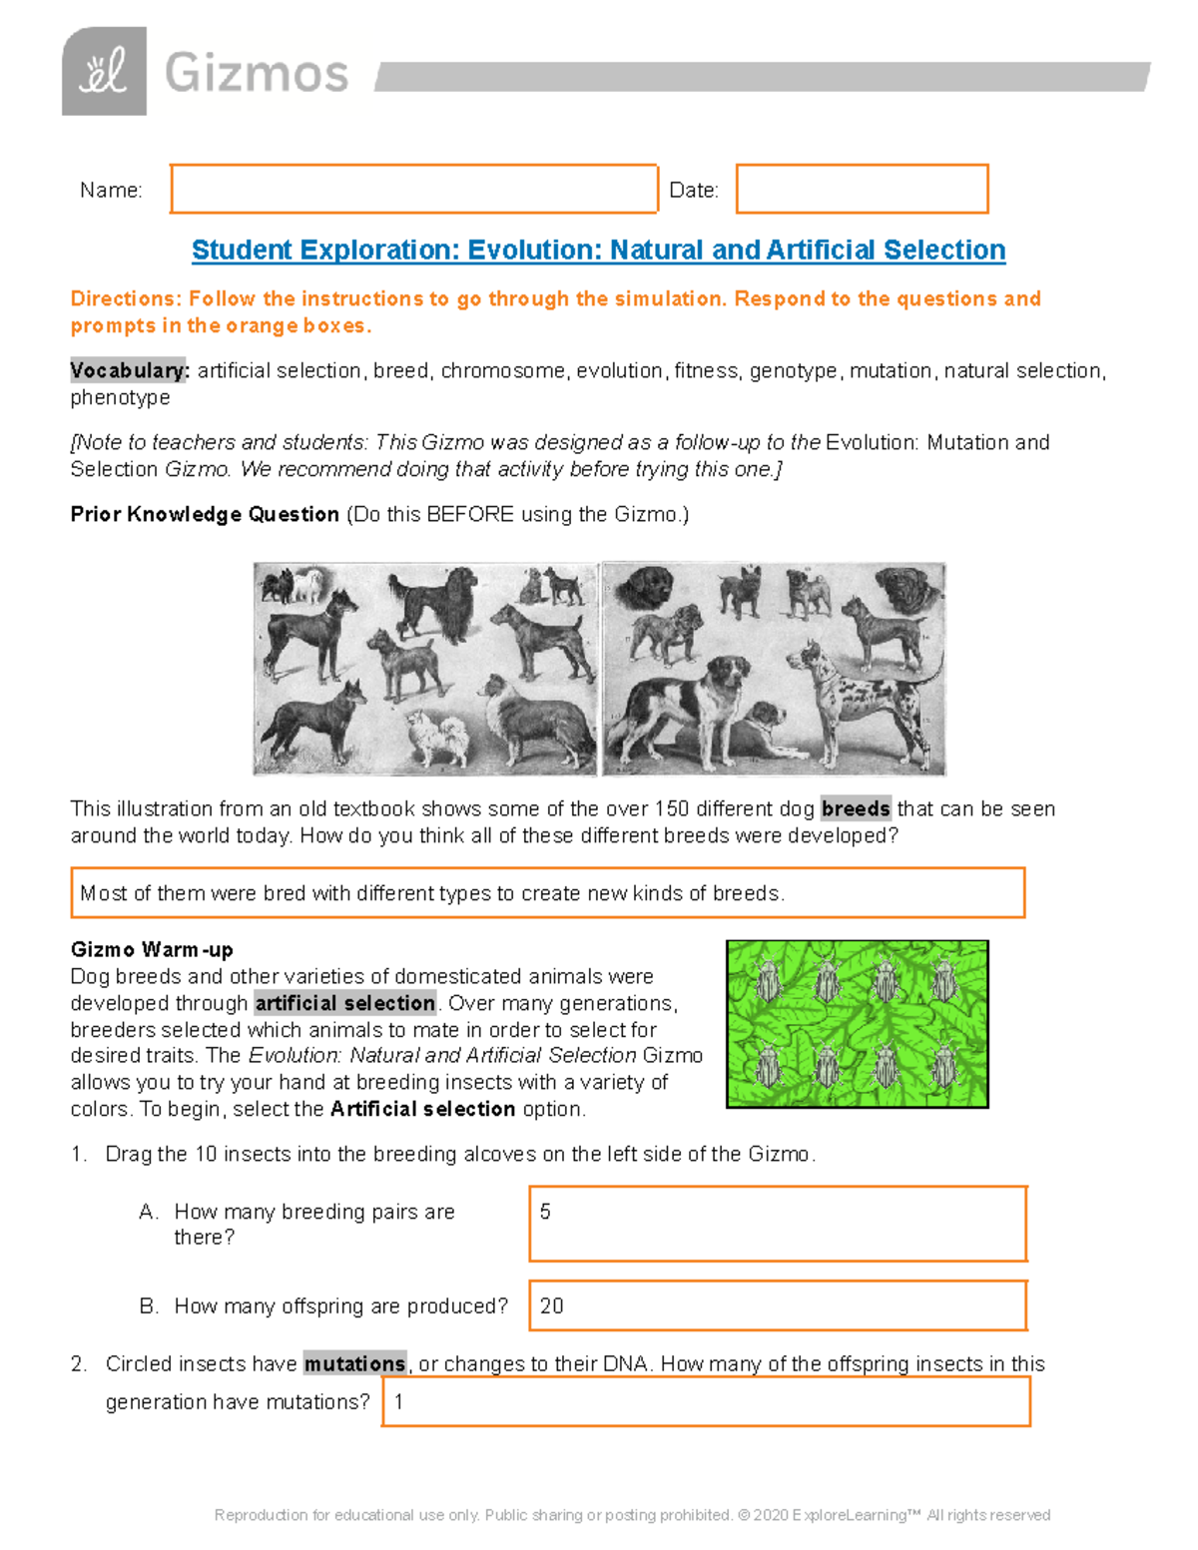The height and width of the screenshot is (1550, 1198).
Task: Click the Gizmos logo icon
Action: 104,72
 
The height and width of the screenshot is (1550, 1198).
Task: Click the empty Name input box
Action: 413,189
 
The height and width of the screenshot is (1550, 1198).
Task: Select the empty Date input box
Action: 862,189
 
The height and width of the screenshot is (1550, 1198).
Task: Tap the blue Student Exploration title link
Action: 598,250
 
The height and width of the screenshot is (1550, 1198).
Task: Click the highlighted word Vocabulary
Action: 129,370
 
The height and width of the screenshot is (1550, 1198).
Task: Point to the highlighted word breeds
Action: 856,808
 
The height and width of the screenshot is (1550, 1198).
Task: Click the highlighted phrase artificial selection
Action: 345,1003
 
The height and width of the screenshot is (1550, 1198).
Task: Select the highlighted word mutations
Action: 354,1363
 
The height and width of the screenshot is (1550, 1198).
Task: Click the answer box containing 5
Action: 778,1224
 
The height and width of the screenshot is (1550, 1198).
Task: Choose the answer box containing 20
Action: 778,1305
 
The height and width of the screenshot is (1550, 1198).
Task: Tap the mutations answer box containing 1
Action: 706,1401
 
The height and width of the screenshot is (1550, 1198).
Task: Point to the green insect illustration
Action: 857,1024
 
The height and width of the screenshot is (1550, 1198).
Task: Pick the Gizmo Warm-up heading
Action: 152,949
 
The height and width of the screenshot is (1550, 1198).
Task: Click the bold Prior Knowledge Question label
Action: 205,514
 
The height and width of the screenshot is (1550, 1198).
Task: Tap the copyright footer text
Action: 632,1515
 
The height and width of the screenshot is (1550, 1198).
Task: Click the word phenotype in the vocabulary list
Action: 120,397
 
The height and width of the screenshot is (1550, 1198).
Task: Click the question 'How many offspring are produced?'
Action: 340,1305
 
